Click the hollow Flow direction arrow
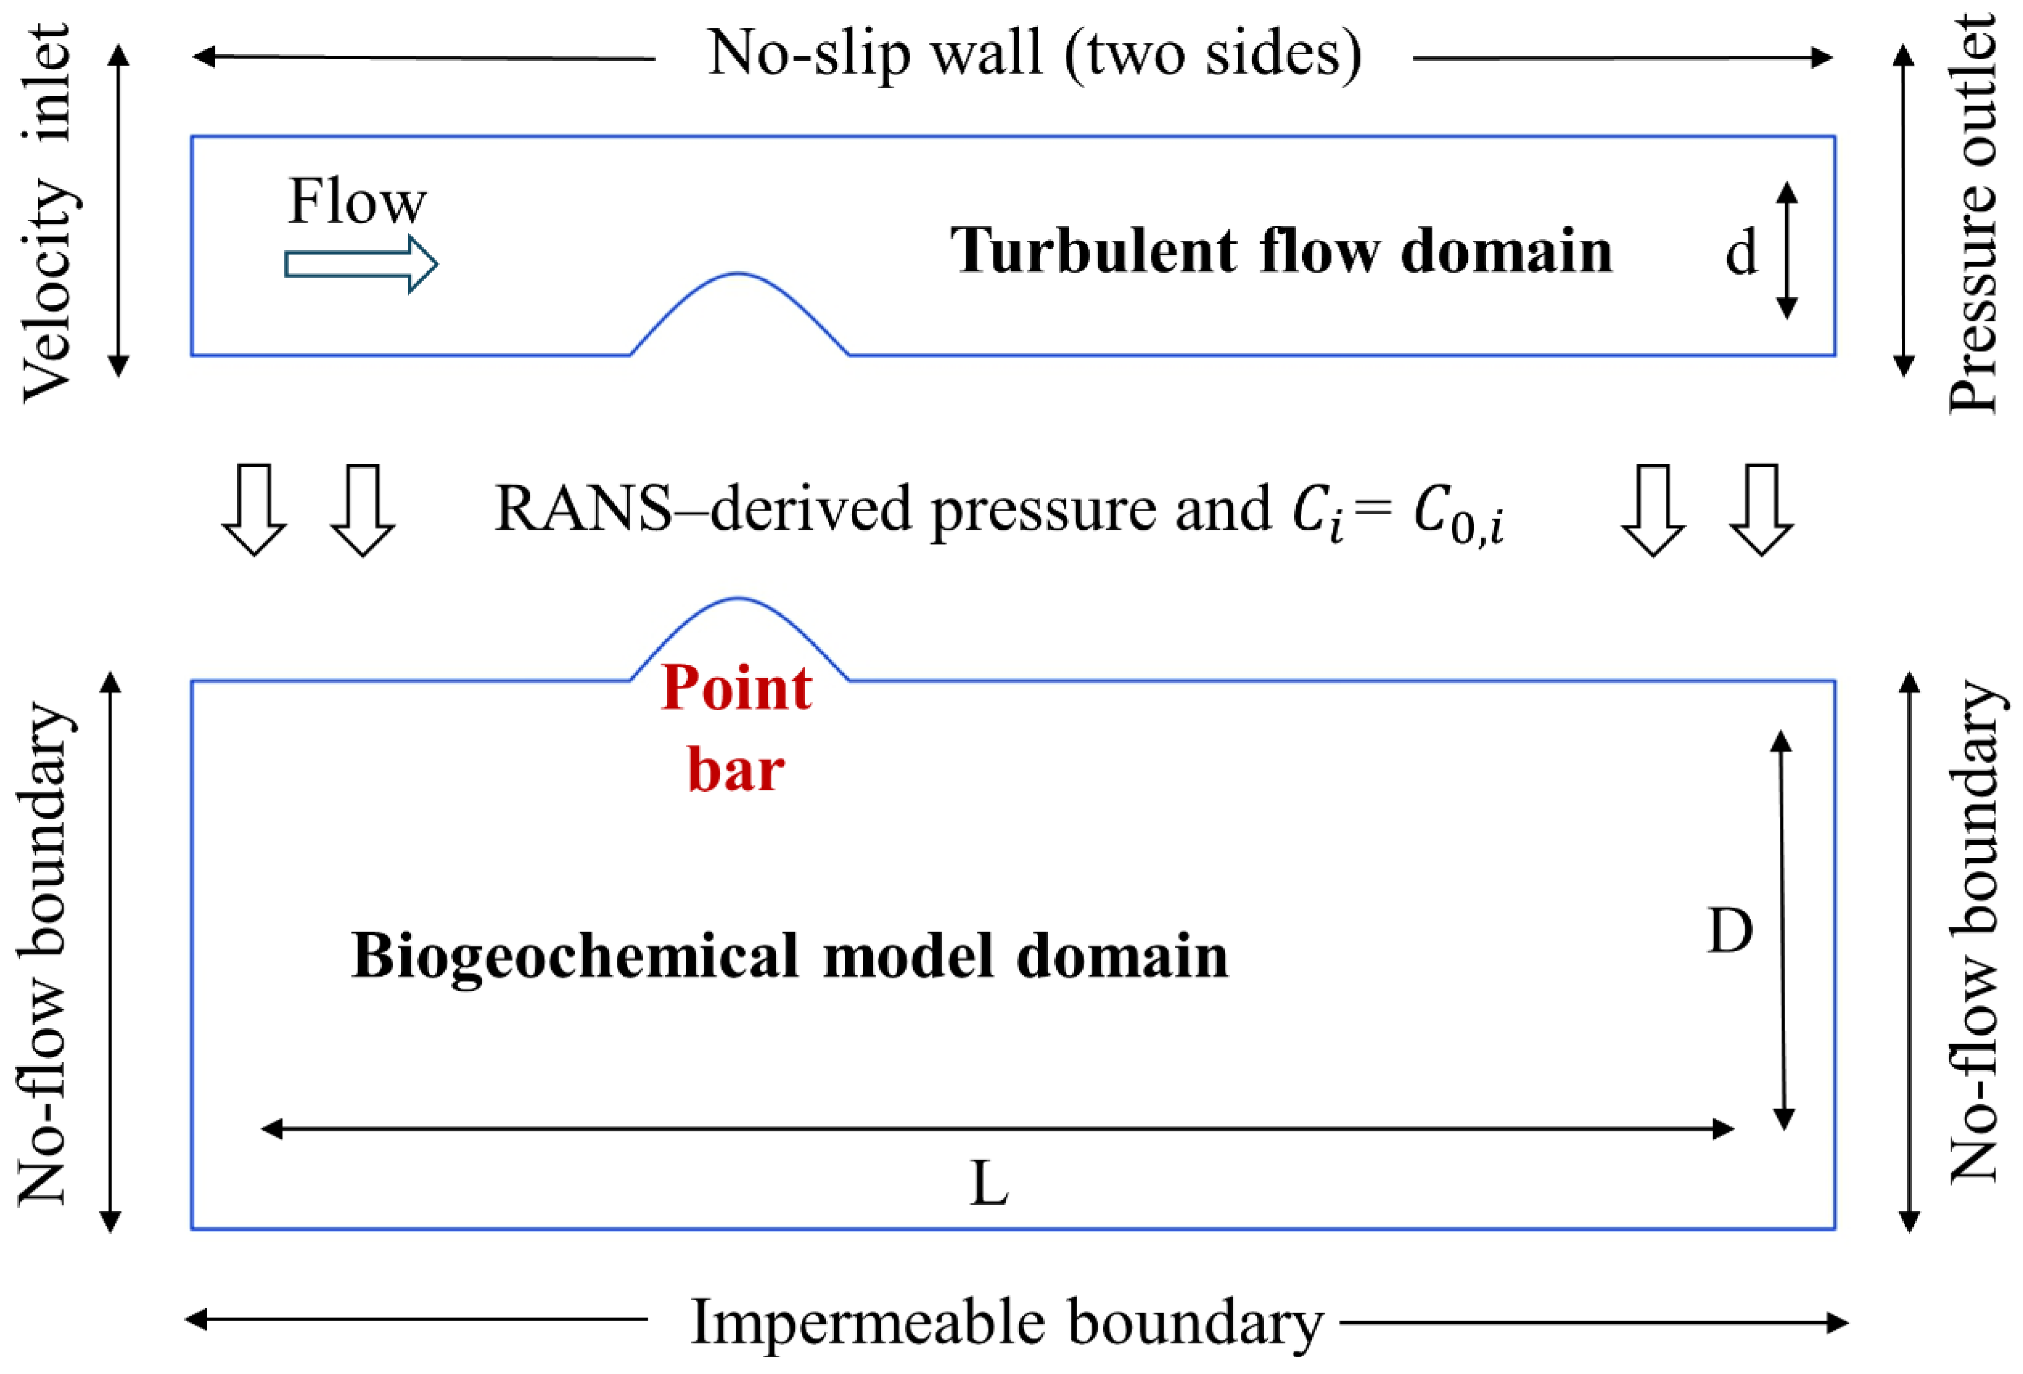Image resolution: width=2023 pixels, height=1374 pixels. (x=361, y=263)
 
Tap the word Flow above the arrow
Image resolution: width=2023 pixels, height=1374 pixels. (x=357, y=201)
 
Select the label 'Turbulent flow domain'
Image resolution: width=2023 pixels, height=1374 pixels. (x=1281, y=250)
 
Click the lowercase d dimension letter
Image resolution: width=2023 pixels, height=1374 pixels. (x=1741, y=254)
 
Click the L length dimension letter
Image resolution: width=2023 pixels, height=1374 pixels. (x=989, y=1184)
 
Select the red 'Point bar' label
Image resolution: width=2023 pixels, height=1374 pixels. (x=737, y=728)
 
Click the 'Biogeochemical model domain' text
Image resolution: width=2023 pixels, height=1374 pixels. (x=790, y=957)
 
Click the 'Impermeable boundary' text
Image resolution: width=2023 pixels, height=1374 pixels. (x=1006, y=1322)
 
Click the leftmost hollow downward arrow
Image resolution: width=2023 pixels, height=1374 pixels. (x=254, y=511)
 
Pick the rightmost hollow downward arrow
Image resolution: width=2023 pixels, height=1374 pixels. (x=1760, y=511)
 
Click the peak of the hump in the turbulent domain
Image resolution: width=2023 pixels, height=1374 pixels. (x=738, y=274)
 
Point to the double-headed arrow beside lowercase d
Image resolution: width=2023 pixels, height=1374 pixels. (x=1787, y=250)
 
